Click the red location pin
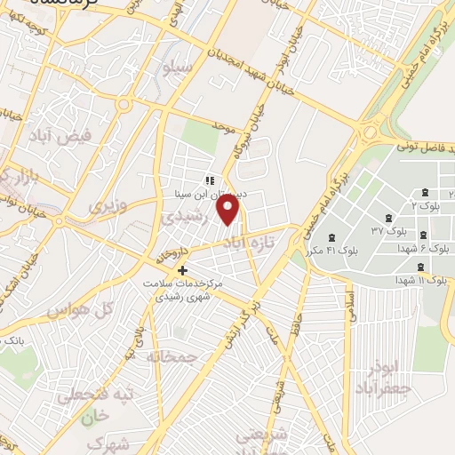point(229,210)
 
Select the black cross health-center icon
point(183,270)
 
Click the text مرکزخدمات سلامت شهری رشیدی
point(183,289)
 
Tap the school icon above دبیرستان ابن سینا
point(210,180)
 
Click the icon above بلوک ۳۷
point(388,219)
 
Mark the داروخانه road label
point(172,249)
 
